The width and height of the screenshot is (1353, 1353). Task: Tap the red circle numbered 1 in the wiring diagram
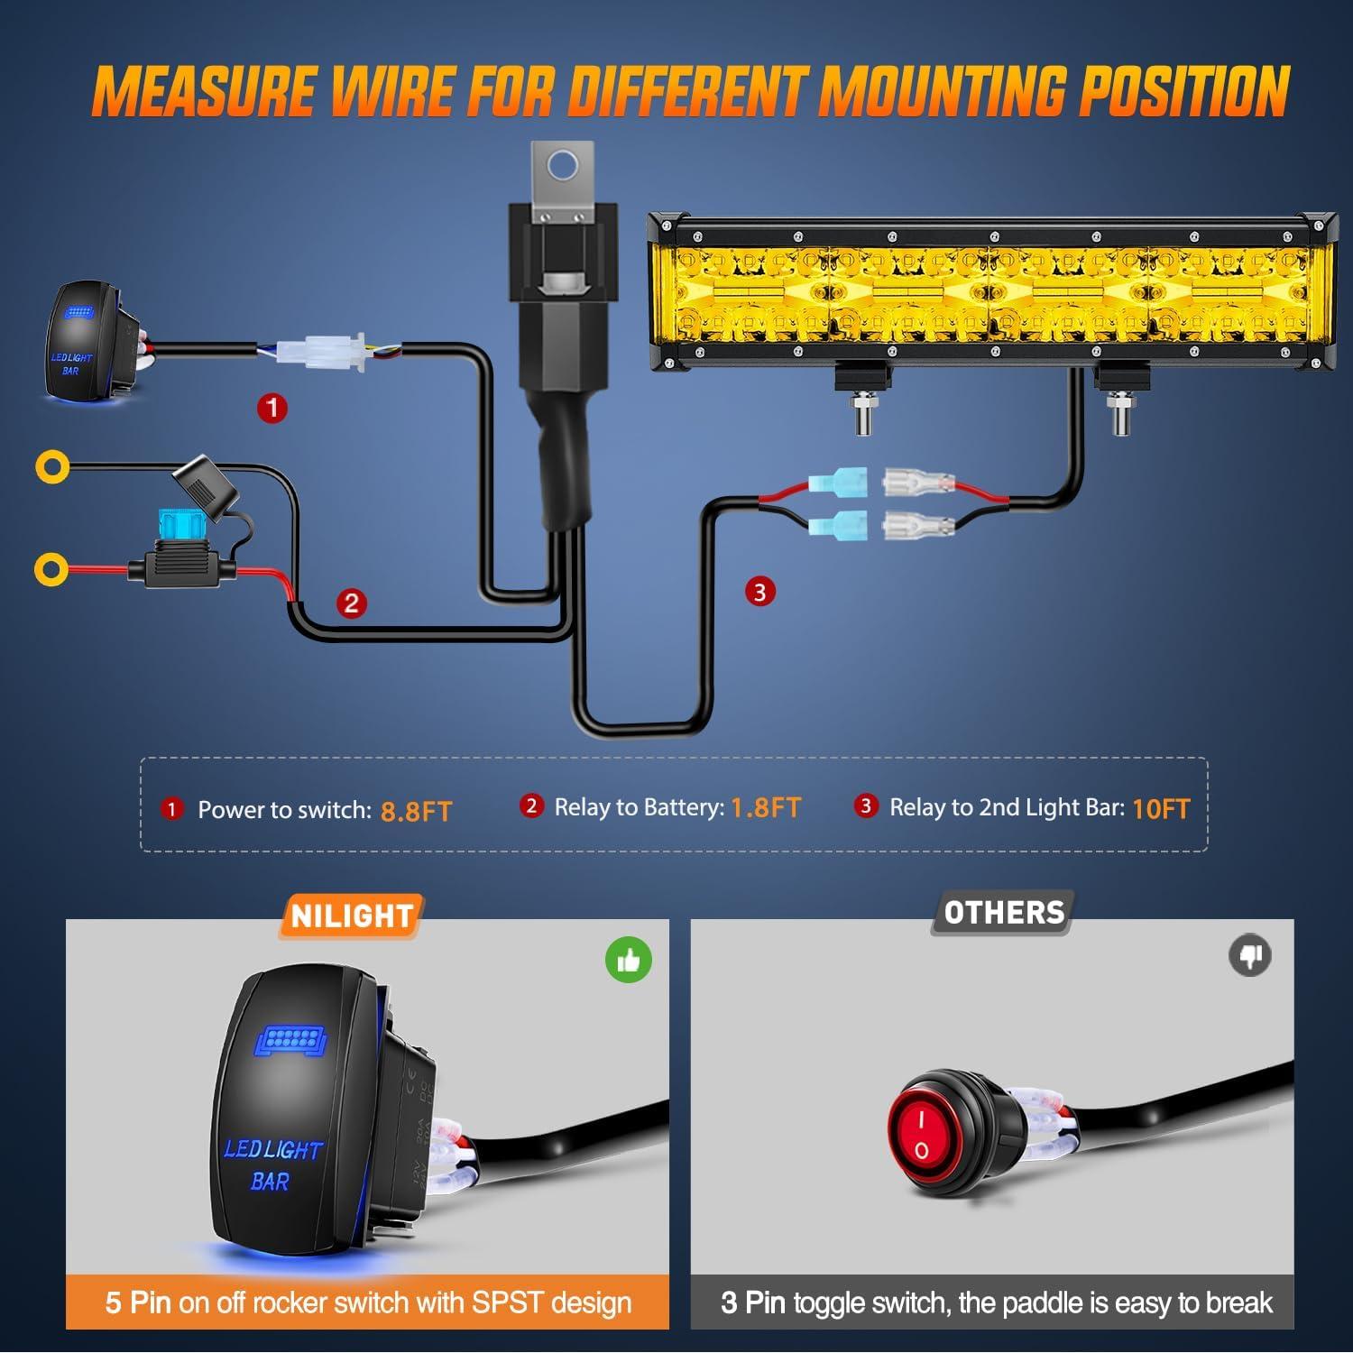tap(272, 408)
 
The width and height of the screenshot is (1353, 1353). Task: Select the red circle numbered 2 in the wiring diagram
tap(352, 603)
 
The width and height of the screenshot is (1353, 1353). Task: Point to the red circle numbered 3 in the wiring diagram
tap(759, 592)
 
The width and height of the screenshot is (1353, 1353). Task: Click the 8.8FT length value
tap(416, 811)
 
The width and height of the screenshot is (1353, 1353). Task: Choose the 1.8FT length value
tap(765, 807)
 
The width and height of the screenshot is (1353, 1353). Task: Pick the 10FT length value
tap(1161, 809)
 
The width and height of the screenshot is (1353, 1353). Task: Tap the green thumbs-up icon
tap(628, 961)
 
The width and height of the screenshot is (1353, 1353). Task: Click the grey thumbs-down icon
tap(1250, 956)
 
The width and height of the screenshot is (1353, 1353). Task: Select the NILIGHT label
tap(352, 916)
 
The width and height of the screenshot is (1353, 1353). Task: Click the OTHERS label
tap(1004, 913)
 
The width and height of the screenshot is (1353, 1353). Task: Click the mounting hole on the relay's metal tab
tap(564, 166)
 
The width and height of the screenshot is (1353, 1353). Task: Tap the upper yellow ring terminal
tap(52, 466)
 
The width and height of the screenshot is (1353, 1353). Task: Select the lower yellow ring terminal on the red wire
tap(51, 569)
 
